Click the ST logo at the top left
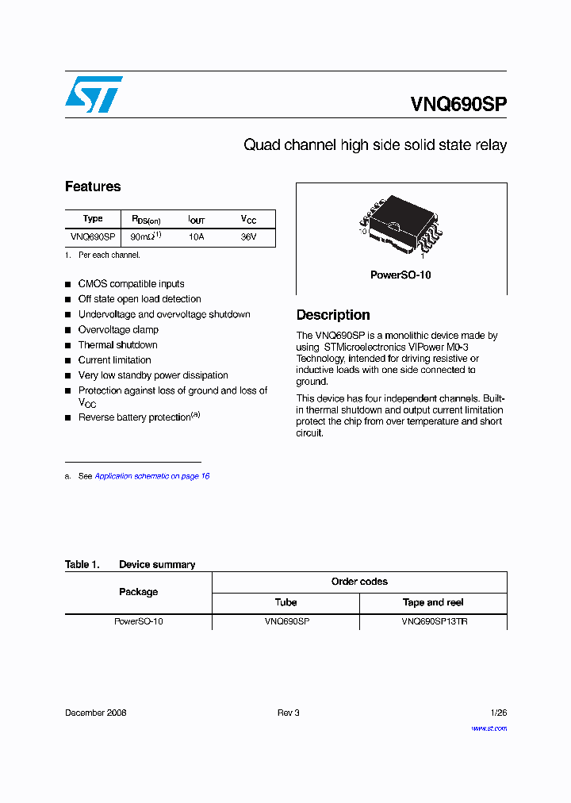[x=94, y=94]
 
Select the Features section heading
[x=93, y=186]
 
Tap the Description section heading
[x=333, y=315]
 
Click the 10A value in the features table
[x=196, y=237]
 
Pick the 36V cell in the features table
[x=248, y=237]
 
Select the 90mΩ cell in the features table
[x=146, y=236]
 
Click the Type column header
[x=93, y=219]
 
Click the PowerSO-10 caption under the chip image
[x=400, y=275]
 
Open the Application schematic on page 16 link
[x=151, y=476]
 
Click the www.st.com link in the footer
[x=489, y=728]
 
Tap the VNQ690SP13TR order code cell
[x=434, y=622]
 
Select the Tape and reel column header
[x=433, y=602]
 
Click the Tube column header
[x=285, y=602]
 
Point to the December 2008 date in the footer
[x=95, y=713]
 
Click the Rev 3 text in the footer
[x=288, y=713]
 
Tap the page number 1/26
[x=498, y=713]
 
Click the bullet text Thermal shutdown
[x=117, y=345]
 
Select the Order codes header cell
[x=359, y=582]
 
